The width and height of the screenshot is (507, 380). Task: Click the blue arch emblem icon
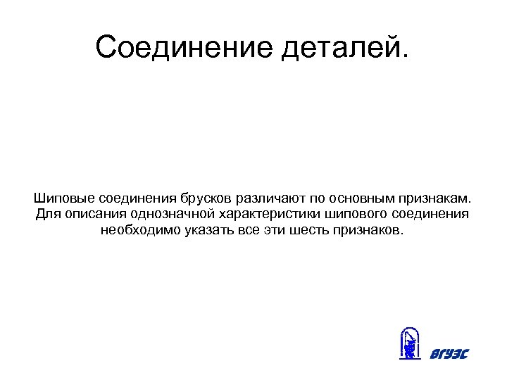click(410, 345)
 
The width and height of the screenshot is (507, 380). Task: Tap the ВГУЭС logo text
click(448, 353)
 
